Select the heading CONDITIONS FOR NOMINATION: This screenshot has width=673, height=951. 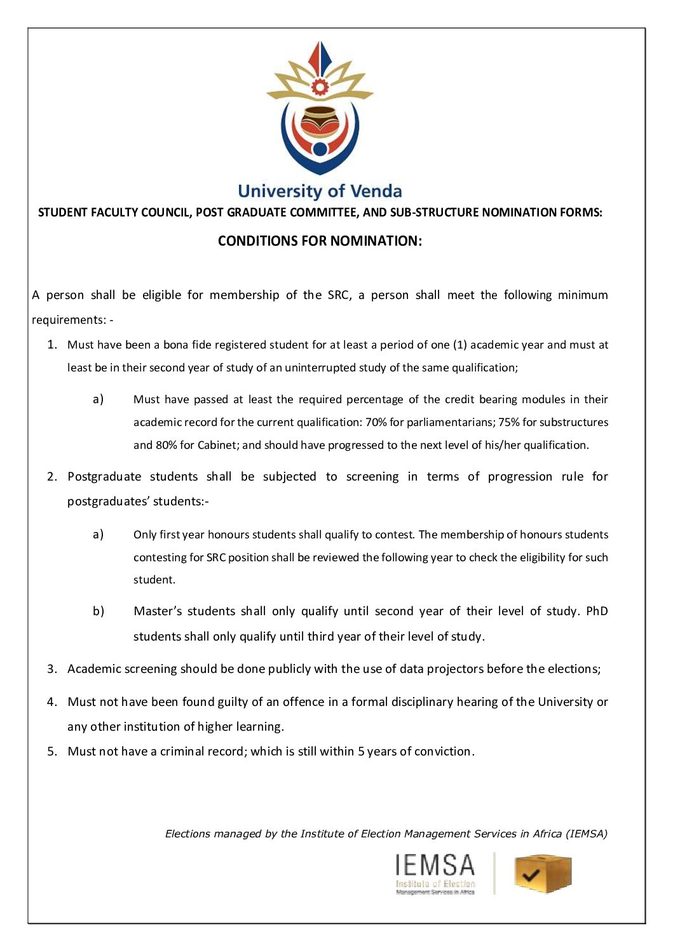pyautogui.click(x=320, y=241)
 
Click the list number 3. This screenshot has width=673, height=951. pyautogui.click(x=52, y=669)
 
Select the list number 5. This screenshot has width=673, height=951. pyautogui.click(x=52, y=752)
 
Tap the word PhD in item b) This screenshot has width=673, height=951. pyautogui.click(x=596, y=611)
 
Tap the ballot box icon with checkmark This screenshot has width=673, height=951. pyautogui.click(x=542, y=874)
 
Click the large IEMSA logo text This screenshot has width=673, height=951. pyautogui.click(x=435, y=865)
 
